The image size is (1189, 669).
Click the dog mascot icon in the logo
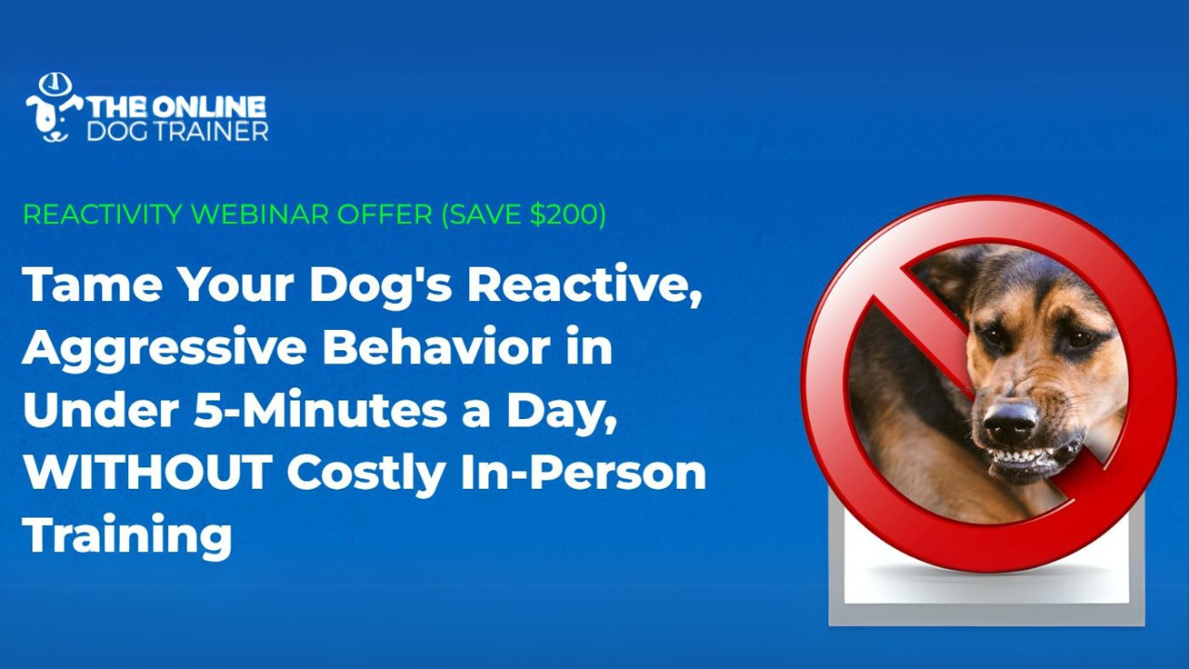pos(54,109)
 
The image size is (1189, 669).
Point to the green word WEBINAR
pos(261,215)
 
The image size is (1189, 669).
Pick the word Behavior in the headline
pos(437,347)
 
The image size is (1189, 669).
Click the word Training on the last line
pos(127,537)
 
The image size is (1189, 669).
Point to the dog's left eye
pos(1079,338)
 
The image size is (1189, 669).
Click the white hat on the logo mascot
pos(55,85)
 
